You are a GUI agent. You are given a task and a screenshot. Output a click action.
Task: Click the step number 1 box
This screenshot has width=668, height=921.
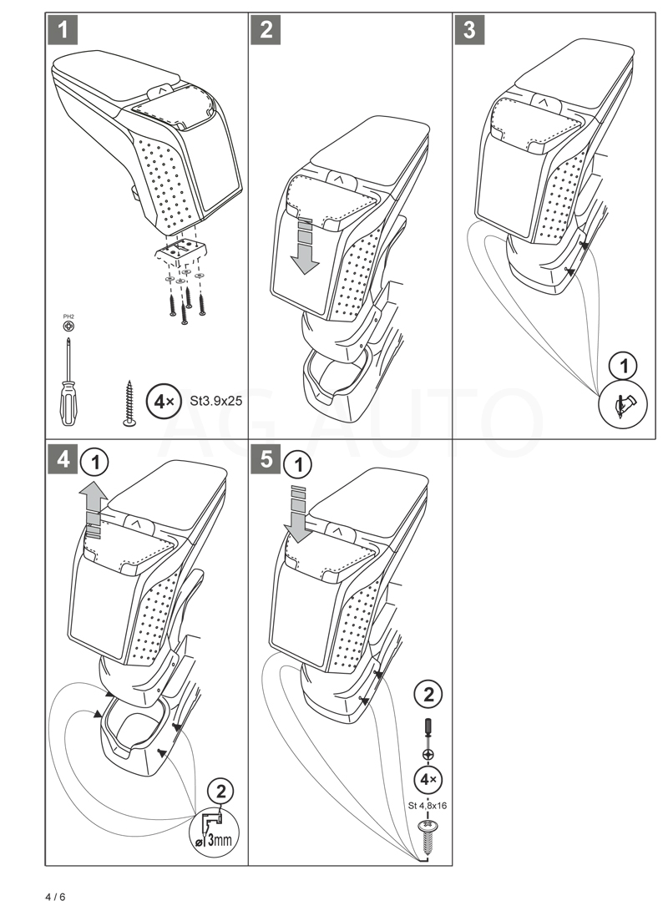click(x=63, y=31)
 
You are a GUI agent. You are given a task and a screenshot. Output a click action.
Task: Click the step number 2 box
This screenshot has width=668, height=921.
click(x=266, y=31)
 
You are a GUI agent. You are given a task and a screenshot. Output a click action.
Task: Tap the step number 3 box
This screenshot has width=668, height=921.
click(x=469, y=31)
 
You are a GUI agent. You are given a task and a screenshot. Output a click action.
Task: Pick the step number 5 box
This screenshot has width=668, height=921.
click(x=266, y=460)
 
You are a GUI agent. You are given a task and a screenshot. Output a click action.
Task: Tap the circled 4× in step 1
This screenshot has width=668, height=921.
click(x=161, y=402)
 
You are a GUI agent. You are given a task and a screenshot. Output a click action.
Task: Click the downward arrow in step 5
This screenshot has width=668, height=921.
click(x=298, y=509)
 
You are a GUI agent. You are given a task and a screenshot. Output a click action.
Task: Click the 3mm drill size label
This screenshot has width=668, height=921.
click(x=217, y=838)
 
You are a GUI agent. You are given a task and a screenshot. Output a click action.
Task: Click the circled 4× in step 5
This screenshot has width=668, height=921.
click(x=428, y=780)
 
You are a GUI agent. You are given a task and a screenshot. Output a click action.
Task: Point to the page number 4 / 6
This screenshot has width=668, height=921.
click(x=55, y=898)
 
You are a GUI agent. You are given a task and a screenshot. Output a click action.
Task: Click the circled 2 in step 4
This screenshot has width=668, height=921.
click(x=220, y=792)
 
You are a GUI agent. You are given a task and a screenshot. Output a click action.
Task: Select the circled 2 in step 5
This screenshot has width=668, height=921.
click(x=428, y=694)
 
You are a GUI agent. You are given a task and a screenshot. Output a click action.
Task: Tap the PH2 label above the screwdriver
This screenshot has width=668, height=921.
click(x=68, y=316)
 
